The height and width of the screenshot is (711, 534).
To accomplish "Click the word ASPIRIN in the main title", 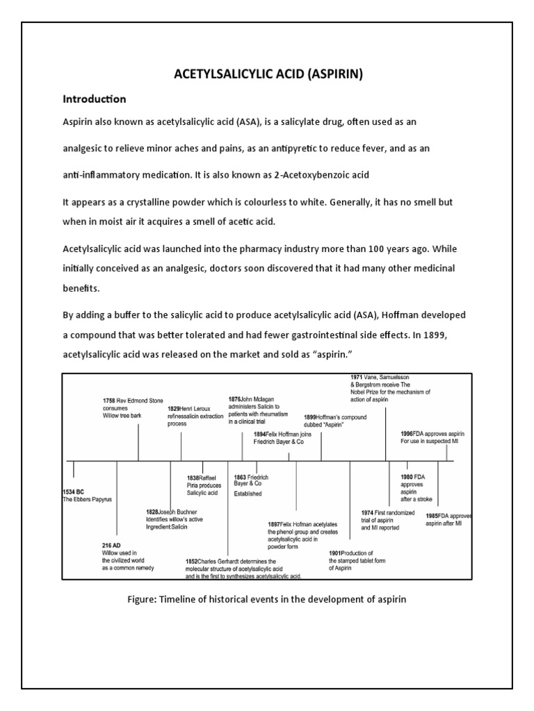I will pyautogui.click(x=334, y=75).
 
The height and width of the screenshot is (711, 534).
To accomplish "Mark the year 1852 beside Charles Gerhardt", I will pyautogui.click(x=191, y=561).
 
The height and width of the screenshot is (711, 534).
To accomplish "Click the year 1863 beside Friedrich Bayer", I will pyautogui.click(x=241, y=478).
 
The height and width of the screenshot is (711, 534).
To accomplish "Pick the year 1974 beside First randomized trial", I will pyautogui.click(x=369, y=513).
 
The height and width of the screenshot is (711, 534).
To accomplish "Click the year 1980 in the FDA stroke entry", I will pyautogui.click(x=407, y=477).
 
